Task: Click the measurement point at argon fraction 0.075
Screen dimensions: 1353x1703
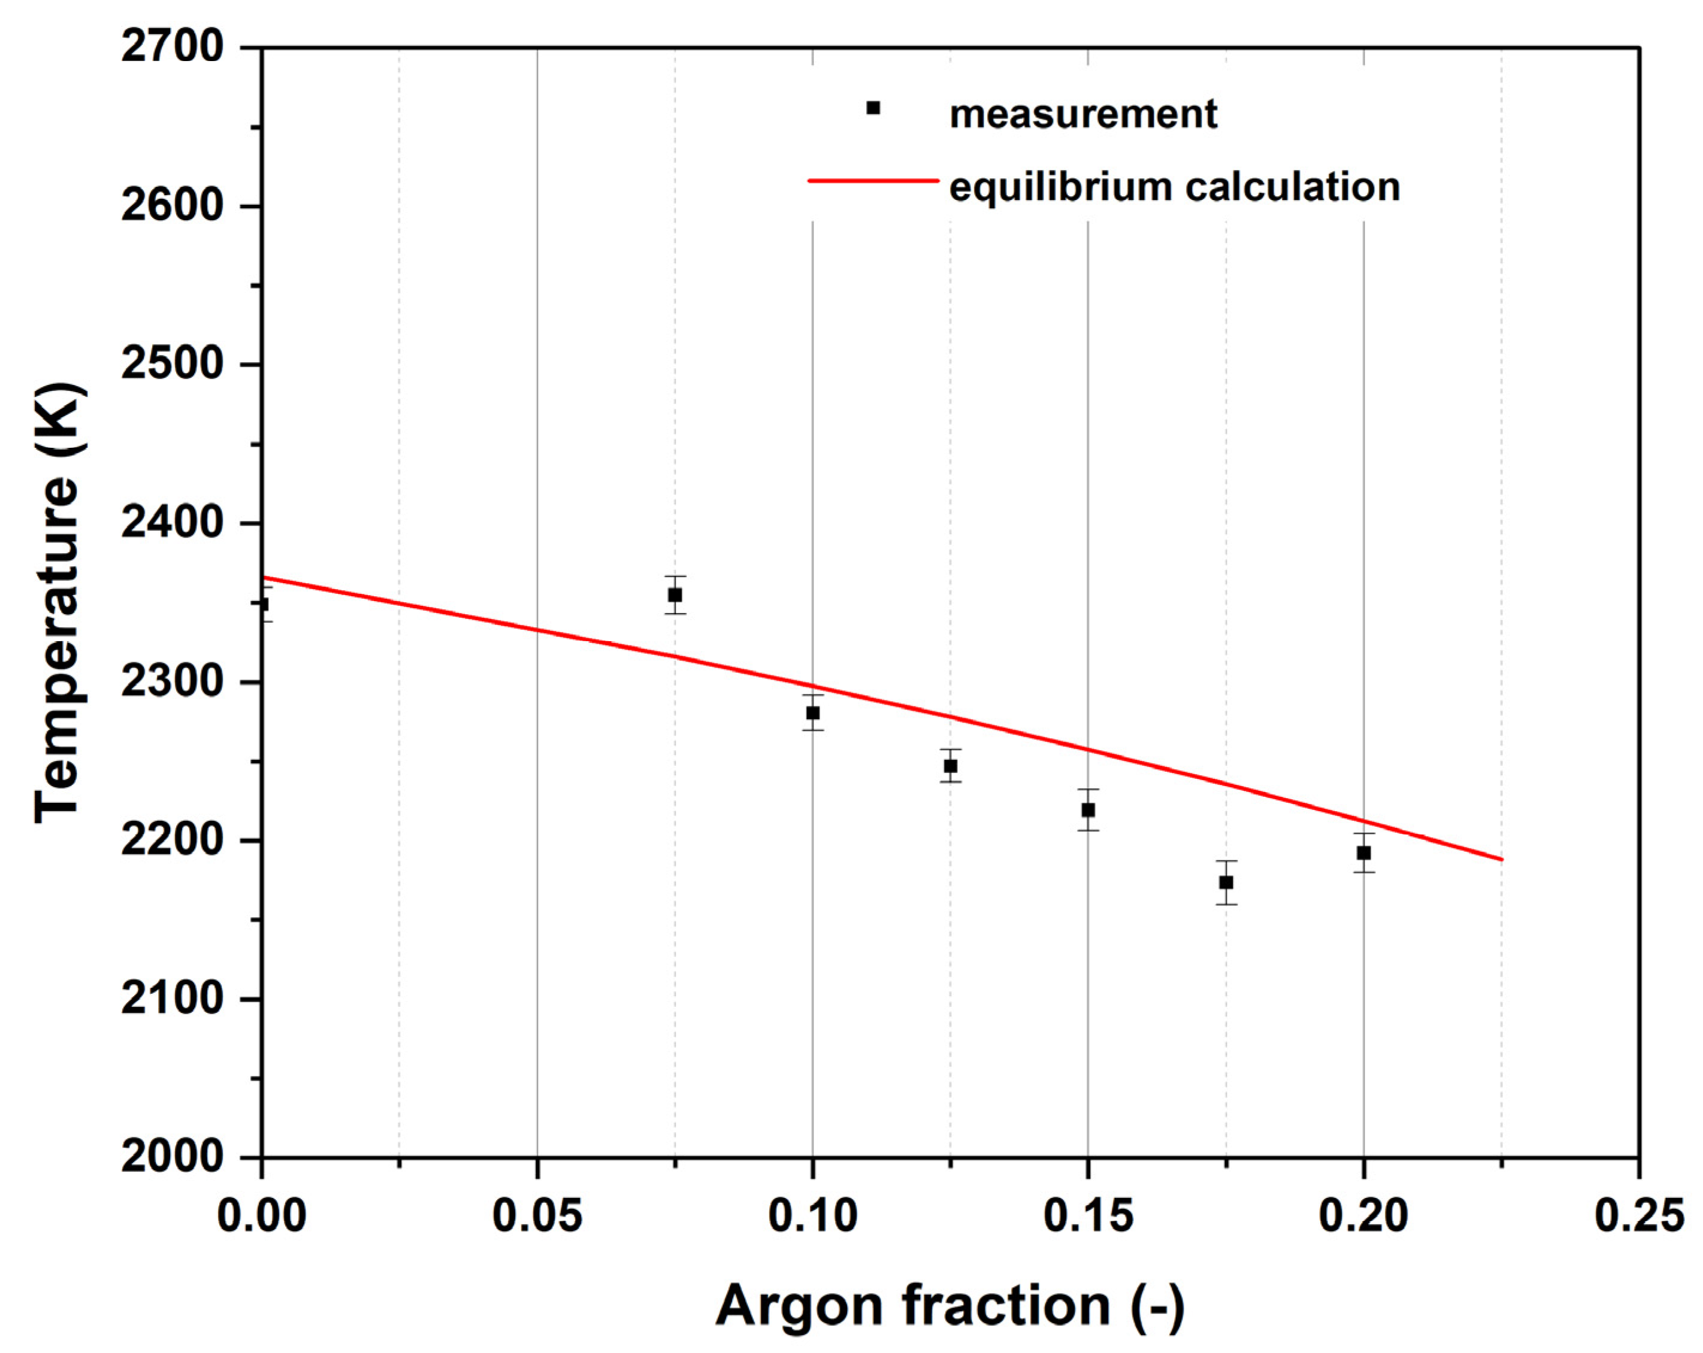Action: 674,594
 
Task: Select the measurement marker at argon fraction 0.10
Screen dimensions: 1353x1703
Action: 812,713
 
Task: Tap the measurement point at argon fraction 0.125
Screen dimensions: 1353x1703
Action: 950,766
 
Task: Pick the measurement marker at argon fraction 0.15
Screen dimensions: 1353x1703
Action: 1088,810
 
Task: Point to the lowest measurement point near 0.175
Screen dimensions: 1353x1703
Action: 1226,882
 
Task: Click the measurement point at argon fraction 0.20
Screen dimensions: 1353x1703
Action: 1363,853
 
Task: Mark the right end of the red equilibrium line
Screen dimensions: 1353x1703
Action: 1501,860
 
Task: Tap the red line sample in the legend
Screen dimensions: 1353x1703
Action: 873,181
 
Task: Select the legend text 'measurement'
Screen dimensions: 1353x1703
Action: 1083,114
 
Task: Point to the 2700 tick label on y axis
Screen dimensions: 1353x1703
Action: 172,47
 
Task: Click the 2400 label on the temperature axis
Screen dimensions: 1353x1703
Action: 172,523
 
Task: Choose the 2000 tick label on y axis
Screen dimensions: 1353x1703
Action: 172,1157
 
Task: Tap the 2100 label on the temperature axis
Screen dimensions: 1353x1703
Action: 172,999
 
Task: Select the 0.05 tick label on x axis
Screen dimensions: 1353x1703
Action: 537,1216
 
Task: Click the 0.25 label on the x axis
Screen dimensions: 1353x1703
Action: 1638,1216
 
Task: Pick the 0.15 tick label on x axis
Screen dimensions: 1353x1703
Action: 1088,1216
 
